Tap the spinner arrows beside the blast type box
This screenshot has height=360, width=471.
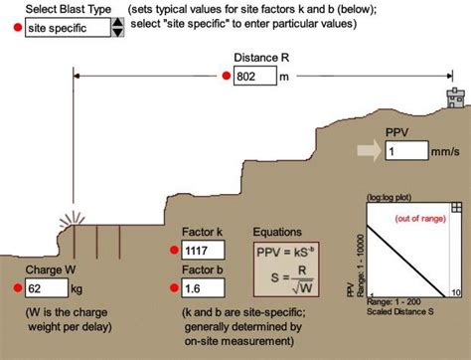point(117,28)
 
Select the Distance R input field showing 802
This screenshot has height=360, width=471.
point(254,76)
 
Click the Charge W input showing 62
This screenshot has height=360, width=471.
point(45,288)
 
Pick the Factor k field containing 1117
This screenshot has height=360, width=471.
point(203,253)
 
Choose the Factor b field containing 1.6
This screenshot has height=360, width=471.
point(203,288)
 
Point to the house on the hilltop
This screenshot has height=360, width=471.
point(453,98)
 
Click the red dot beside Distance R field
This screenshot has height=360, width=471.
point(225,76)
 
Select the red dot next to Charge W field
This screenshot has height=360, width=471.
point(15,288)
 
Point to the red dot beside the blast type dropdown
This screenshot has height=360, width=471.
point(15,28)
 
